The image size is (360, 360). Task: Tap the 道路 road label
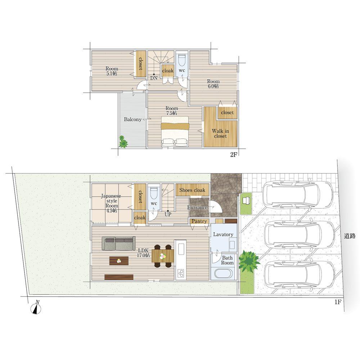point(350,236)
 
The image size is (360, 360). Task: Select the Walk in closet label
point(220,134)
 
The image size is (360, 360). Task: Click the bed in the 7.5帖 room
point(175,131)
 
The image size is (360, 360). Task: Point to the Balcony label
point(133,120)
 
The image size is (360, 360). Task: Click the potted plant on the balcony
point(123,142)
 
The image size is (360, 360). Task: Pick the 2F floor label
point(234,154)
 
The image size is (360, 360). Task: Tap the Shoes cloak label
point(192,190)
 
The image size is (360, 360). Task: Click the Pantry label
point(199,221)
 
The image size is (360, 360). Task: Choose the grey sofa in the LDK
point(118,243)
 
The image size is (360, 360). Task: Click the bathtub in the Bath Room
point(224,274)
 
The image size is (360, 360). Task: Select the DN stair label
point(154,78)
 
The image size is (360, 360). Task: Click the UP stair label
point(168,215)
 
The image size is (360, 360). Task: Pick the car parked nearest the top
point(298,194)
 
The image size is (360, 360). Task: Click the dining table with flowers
point(163,256)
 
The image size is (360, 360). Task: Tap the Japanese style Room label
point(112,203)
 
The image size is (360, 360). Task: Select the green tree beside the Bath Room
point(249,261)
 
